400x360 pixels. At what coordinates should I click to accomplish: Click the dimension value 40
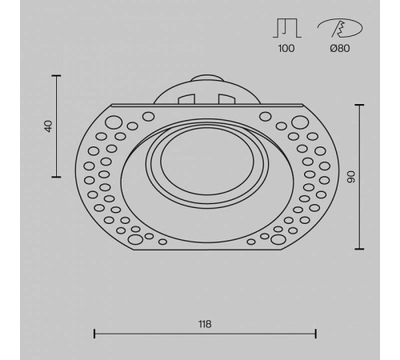(48, 126)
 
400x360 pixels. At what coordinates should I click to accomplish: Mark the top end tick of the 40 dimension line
(56, 75)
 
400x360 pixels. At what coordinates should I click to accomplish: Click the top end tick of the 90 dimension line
(358, 104)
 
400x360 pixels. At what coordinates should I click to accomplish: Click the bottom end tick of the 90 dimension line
(358, 248)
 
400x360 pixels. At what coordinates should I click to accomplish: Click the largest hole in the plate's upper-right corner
(299, 123)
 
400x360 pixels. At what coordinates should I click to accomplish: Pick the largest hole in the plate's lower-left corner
(134, 237)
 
